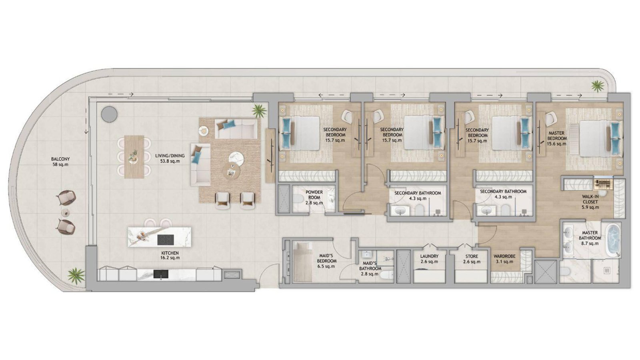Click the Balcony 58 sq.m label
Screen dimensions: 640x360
60,162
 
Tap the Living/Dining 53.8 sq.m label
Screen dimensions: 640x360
170,158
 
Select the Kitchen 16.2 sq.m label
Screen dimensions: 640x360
170,255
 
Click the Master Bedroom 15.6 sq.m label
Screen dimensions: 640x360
556,138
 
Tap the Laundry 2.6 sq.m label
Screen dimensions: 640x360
429,259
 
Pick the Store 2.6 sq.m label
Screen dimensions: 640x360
472,259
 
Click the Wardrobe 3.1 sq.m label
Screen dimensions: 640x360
504,259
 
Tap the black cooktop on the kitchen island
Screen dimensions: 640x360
166,240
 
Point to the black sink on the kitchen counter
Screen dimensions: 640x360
161,274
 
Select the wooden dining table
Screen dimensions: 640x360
134,157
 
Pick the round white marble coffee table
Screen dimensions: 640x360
236,158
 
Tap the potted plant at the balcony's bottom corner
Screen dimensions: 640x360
76,276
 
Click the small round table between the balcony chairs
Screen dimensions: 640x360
66,212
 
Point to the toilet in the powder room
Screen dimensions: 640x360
298,199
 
